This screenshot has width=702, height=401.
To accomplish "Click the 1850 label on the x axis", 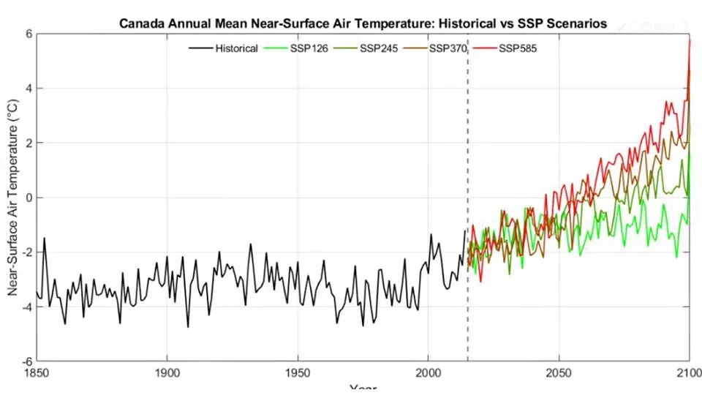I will (x=37, y=375).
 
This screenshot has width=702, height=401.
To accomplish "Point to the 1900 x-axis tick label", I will (x=167, y=375).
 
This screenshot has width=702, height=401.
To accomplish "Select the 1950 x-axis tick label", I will (x=298, y=375).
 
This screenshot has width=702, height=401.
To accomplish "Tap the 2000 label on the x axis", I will (x=428, y=375).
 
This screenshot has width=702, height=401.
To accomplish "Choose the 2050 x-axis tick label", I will (x=559, y=375).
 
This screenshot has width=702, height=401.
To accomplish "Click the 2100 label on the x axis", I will (x=688, y=375).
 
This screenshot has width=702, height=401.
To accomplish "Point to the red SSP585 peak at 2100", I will (x=689, y=41).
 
